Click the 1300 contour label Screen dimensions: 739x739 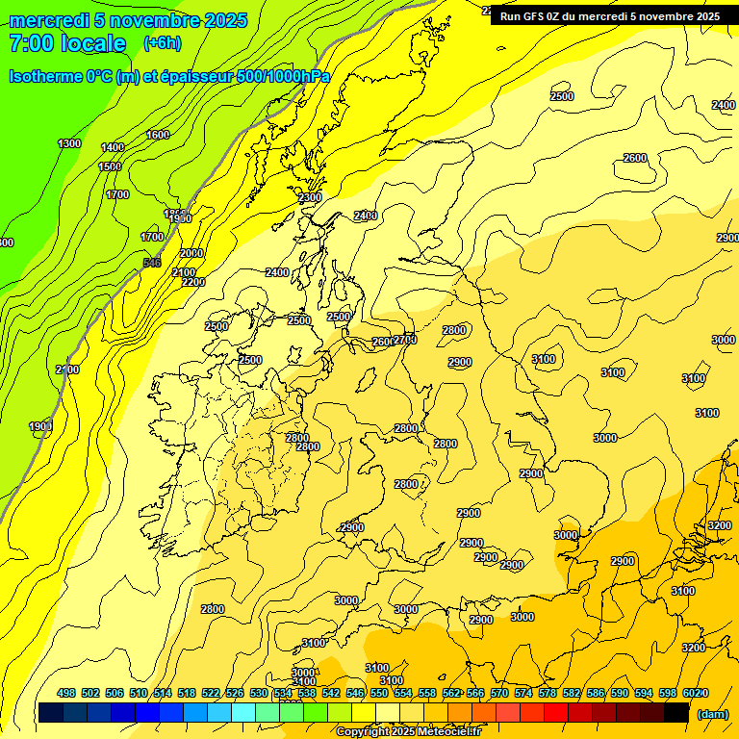(69, 143)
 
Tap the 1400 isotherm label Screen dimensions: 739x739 (113, 147)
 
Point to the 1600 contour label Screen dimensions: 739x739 (158, 135)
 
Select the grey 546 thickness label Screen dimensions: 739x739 (151, 263)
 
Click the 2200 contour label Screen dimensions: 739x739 (193, 282)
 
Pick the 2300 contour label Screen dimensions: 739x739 (310, 197)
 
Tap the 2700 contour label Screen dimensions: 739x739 (406, 340)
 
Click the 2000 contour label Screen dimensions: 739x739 (191, 253)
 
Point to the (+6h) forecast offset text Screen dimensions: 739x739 (162, 42)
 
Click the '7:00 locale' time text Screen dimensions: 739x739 (67, 43)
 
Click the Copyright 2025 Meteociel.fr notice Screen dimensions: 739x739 (408, 732)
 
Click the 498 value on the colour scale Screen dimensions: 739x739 (66, 693)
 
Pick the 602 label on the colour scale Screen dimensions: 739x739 (692, 693)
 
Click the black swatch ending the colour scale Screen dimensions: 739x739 (676, 712)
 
